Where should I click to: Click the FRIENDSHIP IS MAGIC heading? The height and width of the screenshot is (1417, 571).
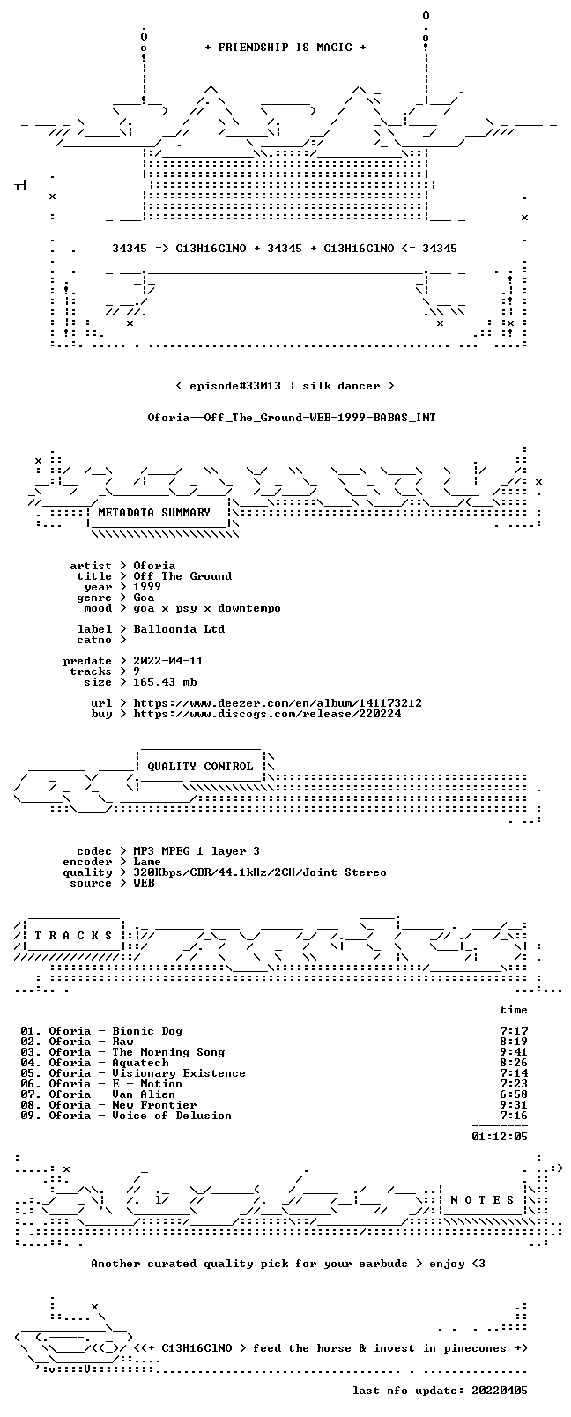pyautogui.click(x=285, y=48)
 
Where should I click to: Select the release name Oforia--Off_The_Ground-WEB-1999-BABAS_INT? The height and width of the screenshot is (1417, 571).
pyautogui.click(x=292, y=418)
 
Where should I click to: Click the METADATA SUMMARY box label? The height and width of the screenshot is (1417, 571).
pyautogui.click(x=154, y=512)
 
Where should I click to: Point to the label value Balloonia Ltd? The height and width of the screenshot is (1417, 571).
pyautogui.click(x=179, y=629)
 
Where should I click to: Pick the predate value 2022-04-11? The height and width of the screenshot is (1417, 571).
pyautogui.click(x=168, y=660)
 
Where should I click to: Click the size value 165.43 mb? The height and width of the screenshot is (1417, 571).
pyautogui.click(x=165, y=682)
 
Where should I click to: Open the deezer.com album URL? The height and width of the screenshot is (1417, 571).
pyautogui.click(x=278, y=703)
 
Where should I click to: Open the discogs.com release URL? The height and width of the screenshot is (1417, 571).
pyautogui.click(x=267, y=714)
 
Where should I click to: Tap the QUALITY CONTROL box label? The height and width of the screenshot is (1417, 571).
pyautogui.click(x=200, y=766)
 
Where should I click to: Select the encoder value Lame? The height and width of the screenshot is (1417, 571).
pyautogui.click(x=147, y=862)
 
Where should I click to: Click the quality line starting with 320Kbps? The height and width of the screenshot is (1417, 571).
pyautogui.click(x=260, y=872)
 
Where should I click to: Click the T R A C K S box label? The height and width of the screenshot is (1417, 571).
pyautogui.click(x=73, y=936)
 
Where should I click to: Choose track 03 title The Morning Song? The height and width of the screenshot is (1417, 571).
pyautogui.click(x=168, y=1052)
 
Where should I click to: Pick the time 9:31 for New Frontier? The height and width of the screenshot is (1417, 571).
pyautogui.click(x=514, y=1105)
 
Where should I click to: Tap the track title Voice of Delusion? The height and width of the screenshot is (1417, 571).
pyautogui.click(x=172, y=1116)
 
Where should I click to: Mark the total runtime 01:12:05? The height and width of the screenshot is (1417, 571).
pyautogui.click(x=500, y=1137)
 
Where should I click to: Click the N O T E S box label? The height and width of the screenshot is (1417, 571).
pyautogui.click(x=482, y=1200)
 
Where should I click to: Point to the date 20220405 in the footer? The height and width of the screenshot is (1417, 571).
pyautogui.click(x=500, y=1390)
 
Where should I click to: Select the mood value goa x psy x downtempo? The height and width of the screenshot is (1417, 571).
pyautogui.click(x=207, y=608)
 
